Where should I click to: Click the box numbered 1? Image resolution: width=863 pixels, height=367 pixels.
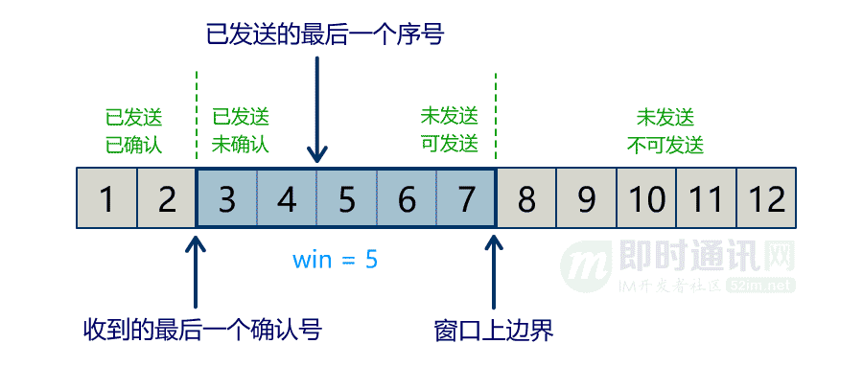click(106, 199)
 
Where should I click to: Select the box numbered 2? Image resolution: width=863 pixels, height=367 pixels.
click(167, 199)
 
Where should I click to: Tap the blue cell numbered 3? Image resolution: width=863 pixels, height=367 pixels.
click(226, 199)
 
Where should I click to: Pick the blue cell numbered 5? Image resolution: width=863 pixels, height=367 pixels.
click(347, 199)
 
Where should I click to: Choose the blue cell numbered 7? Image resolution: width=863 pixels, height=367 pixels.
click(466, 199)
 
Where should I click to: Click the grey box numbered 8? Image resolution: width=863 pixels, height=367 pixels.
click(526, 199)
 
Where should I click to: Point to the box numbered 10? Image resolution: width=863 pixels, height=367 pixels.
click(646, 199)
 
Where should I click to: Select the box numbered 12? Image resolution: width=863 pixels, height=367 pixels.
click(766, 199)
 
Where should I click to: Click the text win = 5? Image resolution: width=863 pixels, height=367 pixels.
click(335, 259)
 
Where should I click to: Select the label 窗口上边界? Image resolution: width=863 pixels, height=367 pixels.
click(494, 331)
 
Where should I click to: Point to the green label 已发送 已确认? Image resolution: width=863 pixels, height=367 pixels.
click(134, 131)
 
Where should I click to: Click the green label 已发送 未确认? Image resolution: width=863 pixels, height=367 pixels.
click(240, 131)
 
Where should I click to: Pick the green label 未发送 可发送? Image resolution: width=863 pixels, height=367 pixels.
click(449, 131)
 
